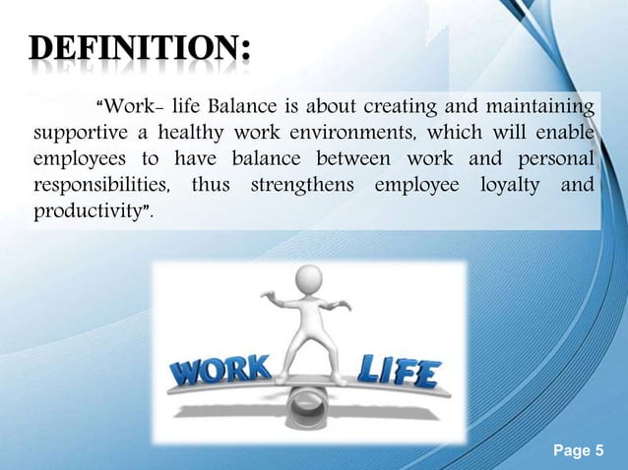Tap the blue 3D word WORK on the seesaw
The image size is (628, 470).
pyautogui.click(x=222, y=372)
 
